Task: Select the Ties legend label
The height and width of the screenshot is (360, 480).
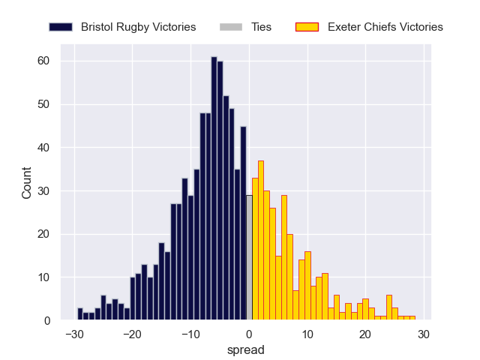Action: coord(262,27)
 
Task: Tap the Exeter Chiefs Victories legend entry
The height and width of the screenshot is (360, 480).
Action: coord(385,27)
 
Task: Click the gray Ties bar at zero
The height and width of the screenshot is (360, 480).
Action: coord(249,258)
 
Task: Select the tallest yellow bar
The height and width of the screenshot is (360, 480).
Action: coord(261,241)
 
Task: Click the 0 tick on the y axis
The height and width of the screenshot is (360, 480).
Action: coord(46,321)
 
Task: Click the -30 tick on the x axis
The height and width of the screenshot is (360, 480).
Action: coord(73,334)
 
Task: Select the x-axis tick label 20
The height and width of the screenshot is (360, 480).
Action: coord(365,334)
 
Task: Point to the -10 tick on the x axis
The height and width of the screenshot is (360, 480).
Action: coord(190,334)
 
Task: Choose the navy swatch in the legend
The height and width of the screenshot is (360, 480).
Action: coord(61,27)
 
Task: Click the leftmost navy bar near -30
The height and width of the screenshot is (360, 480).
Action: coord(80,314)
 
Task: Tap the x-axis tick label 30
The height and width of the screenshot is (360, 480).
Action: coord(424,334)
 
